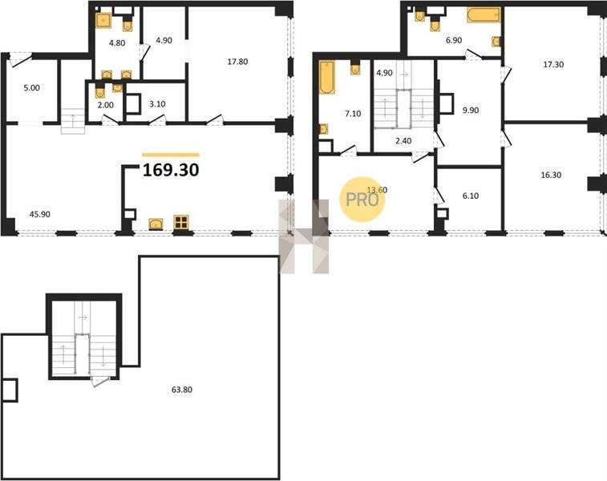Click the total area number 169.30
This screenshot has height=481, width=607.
(x=171, y=170)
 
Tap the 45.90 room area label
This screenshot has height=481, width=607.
(x=40, y=214)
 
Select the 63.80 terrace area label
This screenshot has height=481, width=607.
(x=182, y=390)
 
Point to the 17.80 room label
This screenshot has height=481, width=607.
(x=237, y=62)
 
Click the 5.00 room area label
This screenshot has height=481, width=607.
(x=32, y=88)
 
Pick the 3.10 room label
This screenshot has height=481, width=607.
(x=157, y=104)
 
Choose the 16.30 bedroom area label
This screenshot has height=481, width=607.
(x=551, y=175)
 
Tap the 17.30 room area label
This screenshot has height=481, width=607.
(x=553, y=65)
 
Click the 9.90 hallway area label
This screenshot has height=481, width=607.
(x=471, y=111)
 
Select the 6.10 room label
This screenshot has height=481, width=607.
(x=471, y=196)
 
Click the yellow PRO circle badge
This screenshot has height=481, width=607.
(x=362, y=200)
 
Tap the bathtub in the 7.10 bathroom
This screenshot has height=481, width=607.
(x=327, y=78)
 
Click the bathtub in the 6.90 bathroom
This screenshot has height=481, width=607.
(x=484, y=15)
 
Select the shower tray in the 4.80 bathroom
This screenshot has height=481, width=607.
(x=103, y=21)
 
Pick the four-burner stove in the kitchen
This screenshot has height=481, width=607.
(x=180, y=223)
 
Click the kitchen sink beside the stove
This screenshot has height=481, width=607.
(x=156, y=224)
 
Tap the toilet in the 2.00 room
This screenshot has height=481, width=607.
(x=100, y=92)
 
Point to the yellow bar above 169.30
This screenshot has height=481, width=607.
(x=171, y=155)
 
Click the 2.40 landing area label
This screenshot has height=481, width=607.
(x=403, y=141)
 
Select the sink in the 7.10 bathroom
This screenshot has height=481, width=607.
(x=323, y=129)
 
